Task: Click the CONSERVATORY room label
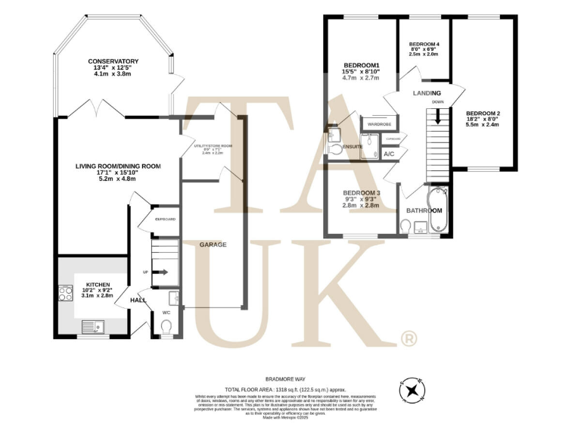(113, 61)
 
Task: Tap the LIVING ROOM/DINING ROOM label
(118, 166)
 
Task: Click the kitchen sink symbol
(94, 326)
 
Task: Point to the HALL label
(138, 301)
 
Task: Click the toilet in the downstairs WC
(167, 326)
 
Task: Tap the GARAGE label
(213, 244)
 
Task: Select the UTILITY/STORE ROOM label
(213, 145)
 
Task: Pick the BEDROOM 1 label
(360, 64)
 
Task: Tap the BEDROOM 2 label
(483, 114)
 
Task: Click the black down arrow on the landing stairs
(437, 117)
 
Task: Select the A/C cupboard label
(389, 154)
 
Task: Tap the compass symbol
(412, 391)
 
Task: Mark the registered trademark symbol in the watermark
(407, 338)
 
